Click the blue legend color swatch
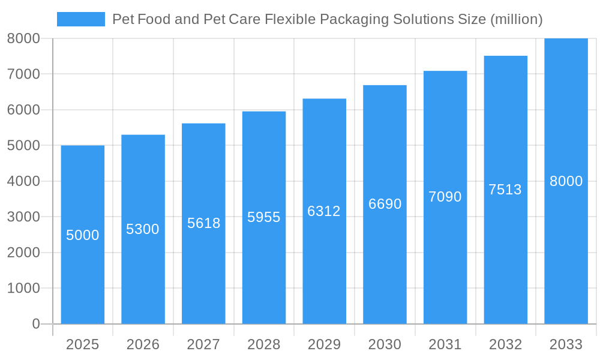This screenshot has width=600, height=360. click(x=80, y=19)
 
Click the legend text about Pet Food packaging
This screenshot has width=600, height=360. click(x=327, y=19)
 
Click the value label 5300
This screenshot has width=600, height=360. click(x=143, y=229)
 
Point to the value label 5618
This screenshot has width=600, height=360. click(x=203, y=223)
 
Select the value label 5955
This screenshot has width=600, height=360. click(x=264, y=217)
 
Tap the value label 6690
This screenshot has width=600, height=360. click(x=385, y=204)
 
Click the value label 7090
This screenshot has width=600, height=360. click(x=445, y=197)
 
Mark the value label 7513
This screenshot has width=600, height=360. click(x=505, y=190)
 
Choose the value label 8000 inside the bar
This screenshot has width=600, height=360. click(x=566, y=181)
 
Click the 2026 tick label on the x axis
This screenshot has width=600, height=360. click(x=143, y=344)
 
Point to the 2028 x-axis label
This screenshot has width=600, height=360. click(x=264, y=344)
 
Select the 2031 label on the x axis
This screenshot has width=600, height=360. click(x=445, y=344)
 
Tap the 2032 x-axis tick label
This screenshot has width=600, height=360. click(x=505, y=344)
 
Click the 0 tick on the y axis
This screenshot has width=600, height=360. click(x=35, y=324)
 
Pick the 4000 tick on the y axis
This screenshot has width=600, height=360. click(x=23, y=181)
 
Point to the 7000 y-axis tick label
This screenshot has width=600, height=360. click(x=23, y=74)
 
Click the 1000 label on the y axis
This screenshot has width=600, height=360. click(x=23, y=288)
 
